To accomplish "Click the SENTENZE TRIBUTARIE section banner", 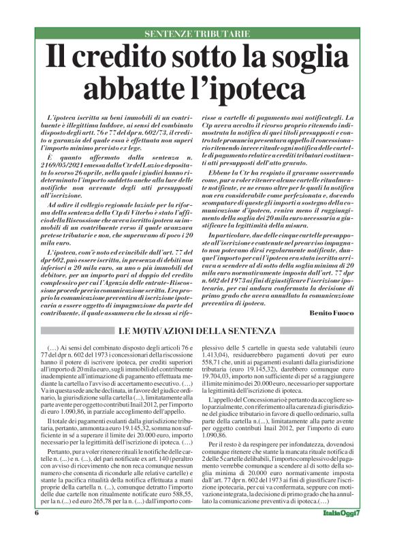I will (x=197, y=34).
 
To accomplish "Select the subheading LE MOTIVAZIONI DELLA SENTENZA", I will (x=197, y=331).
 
